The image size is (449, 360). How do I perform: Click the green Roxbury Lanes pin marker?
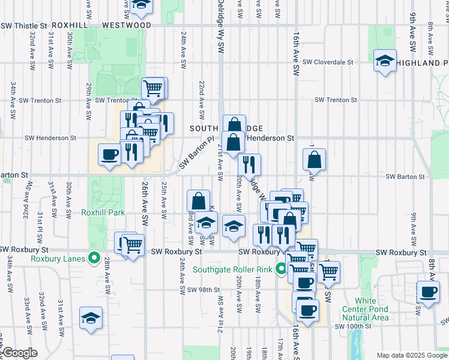click(x=94, y=259)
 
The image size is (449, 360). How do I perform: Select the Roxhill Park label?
click(x=103, y=212)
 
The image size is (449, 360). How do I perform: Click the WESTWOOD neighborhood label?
click(x=127, y=26)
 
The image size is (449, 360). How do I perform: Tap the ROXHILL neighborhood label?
click(x=70, y=26)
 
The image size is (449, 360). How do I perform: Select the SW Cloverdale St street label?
click(x=328, y=62)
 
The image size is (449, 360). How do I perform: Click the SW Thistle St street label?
click(x=24, y=26)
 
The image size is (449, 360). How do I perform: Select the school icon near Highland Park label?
click(x=385, y=61)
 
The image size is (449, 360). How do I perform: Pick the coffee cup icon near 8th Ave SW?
click(x=428, y=292)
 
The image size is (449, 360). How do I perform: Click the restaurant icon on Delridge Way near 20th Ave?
click(x=249, y=164)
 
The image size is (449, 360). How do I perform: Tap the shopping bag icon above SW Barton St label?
click(x=314, y=160)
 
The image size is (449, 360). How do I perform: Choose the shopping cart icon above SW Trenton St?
click(x=154, y=88)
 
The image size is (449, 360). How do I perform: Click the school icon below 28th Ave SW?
click(x=91, y=318)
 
